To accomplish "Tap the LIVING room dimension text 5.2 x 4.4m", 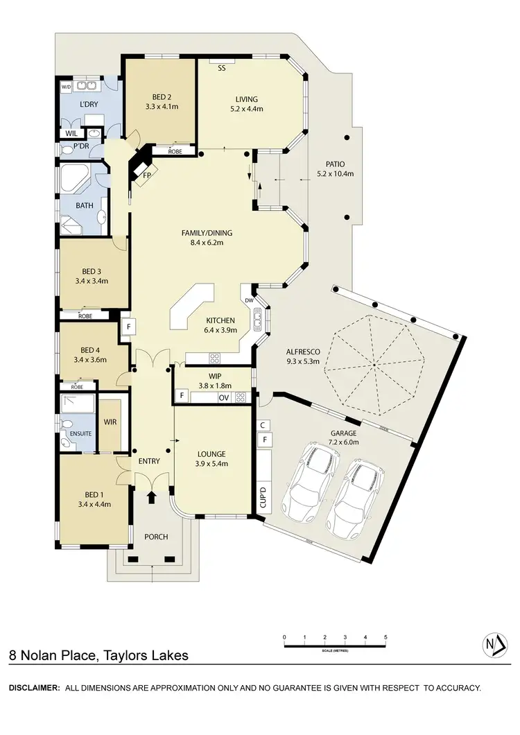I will pos(246,109).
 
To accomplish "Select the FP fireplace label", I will pos(147,175).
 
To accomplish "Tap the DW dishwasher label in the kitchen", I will pos(248,300).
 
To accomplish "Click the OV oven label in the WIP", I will pos(223,397).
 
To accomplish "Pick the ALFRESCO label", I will pos(302,351).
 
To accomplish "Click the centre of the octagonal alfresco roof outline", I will pos(374,363).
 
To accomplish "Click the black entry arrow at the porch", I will pos(152,497).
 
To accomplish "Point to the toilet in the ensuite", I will pos(67,424).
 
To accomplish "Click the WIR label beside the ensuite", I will pos(110,421).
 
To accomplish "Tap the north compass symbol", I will pos(493,646).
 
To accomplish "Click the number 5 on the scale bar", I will pos(385,637).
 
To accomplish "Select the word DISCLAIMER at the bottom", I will pos(33,688).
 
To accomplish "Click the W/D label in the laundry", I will pos(67,87).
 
